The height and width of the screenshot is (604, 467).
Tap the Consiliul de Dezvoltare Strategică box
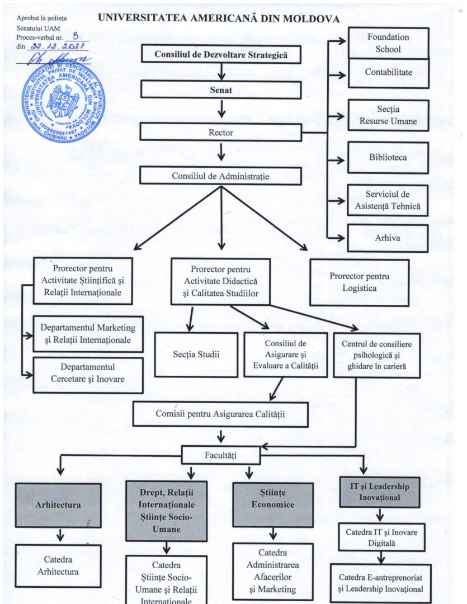pyautogui.click(x=221, y=55)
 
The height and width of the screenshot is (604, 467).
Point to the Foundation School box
pyautogui.click(x=388, y=43)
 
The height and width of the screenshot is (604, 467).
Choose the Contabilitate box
pyautogui.click(x=388, y=73)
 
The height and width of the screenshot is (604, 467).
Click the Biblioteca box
pyautogui.click(x=388, y=158)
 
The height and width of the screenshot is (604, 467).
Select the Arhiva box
pyautogui.click(x=388, y=238)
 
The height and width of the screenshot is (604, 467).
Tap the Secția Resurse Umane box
pyautogui.click(x=388, y=115)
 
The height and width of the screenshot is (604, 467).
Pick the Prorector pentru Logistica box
pyautogui.click(x=359, y=282)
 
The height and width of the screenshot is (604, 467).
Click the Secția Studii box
pyautogui.click(x=196, y=355)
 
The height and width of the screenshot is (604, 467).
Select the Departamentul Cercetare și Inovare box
pyautogui.click(x=87, y=374)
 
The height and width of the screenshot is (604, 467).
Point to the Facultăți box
pyautogui.click(x=221, y=455)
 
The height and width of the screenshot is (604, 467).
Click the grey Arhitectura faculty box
pyautogui.click(x=58, y=504)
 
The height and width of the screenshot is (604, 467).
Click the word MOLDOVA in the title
pyautogui.click(x=310, y=19)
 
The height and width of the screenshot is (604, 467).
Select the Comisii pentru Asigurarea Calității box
pyautogui.click(x=220, y=414)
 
